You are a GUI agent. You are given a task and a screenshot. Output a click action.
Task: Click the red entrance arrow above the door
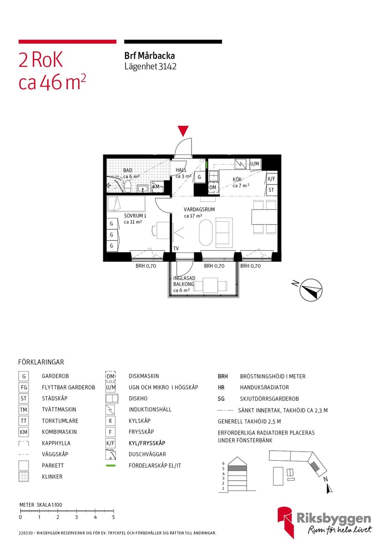pos(182,131)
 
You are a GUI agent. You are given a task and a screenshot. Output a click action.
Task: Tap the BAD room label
pos(127,170)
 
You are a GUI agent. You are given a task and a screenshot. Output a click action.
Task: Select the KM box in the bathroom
pos(156,186)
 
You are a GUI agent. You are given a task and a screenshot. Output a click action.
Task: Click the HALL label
pos(181,170)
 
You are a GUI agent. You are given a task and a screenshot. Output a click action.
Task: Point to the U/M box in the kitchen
pos(254,164)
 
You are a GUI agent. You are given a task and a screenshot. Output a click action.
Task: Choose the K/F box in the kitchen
pos(271,179)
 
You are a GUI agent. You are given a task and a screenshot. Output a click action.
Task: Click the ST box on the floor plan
pos(271,190)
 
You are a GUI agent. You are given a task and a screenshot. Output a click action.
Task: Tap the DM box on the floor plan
pos(213,187)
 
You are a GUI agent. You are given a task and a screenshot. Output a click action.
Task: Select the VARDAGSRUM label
pos(199,209)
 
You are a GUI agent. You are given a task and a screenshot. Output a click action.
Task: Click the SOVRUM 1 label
pos(135,215)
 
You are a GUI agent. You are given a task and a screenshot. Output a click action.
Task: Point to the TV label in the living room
pos(176,248)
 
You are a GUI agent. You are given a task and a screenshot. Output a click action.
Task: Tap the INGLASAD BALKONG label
pos(184,281)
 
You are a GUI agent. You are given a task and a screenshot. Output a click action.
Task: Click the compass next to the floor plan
pos(310,290)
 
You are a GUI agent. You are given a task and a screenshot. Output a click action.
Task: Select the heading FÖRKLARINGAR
pos(41,362)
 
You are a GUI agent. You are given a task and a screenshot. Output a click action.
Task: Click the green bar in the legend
pos(111,466)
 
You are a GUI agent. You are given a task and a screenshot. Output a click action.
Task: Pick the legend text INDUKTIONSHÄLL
pos(150,410)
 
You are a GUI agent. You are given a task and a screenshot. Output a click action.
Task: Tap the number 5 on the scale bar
pos(113,517)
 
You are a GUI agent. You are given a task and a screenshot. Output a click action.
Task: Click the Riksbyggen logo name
pos(334,518)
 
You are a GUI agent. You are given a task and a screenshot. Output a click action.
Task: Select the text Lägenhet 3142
pos(150,66)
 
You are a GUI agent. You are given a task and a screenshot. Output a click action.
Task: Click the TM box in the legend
pos(24,410)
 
